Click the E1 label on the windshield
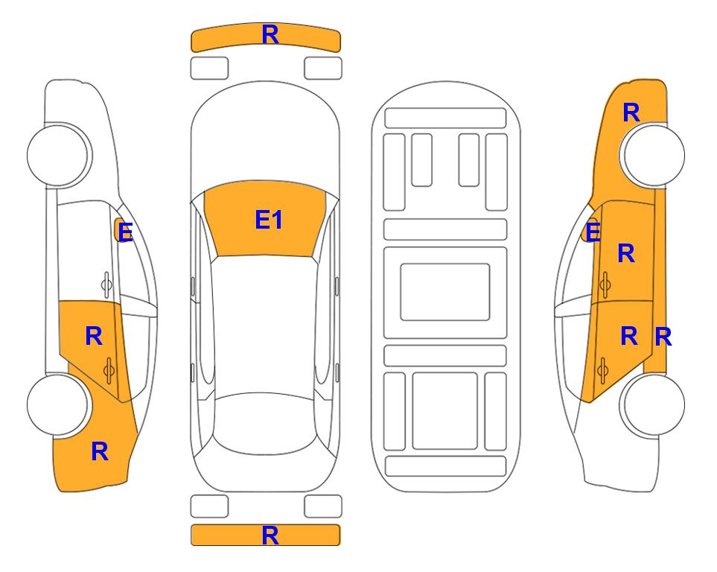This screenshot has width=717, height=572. click(269, 220)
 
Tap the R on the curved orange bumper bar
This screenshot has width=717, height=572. click(270, 34)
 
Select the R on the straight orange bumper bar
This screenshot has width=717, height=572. click(270, 536)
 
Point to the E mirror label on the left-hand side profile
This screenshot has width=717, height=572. click(125, 232)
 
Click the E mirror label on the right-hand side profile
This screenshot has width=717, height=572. click(593, 232)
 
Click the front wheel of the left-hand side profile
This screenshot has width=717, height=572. click(57, 155)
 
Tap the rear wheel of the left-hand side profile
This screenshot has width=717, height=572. click(57, 404)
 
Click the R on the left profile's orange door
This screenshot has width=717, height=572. click(94, 337)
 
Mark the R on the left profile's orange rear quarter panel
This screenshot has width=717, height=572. click(100, 451)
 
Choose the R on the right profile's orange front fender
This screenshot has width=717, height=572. click(631, 112)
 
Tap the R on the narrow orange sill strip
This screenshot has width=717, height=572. click(663, 337)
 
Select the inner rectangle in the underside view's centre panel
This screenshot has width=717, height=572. click(445, 292)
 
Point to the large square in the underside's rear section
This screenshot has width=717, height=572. click(445, 411)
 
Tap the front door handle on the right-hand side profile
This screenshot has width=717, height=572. click(605, 285)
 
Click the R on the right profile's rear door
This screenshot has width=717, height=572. click(629, 337)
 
